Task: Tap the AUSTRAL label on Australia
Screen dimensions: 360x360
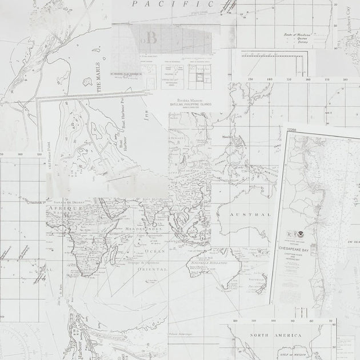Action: [250, 214]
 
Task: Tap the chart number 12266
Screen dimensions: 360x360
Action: [291, 130]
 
